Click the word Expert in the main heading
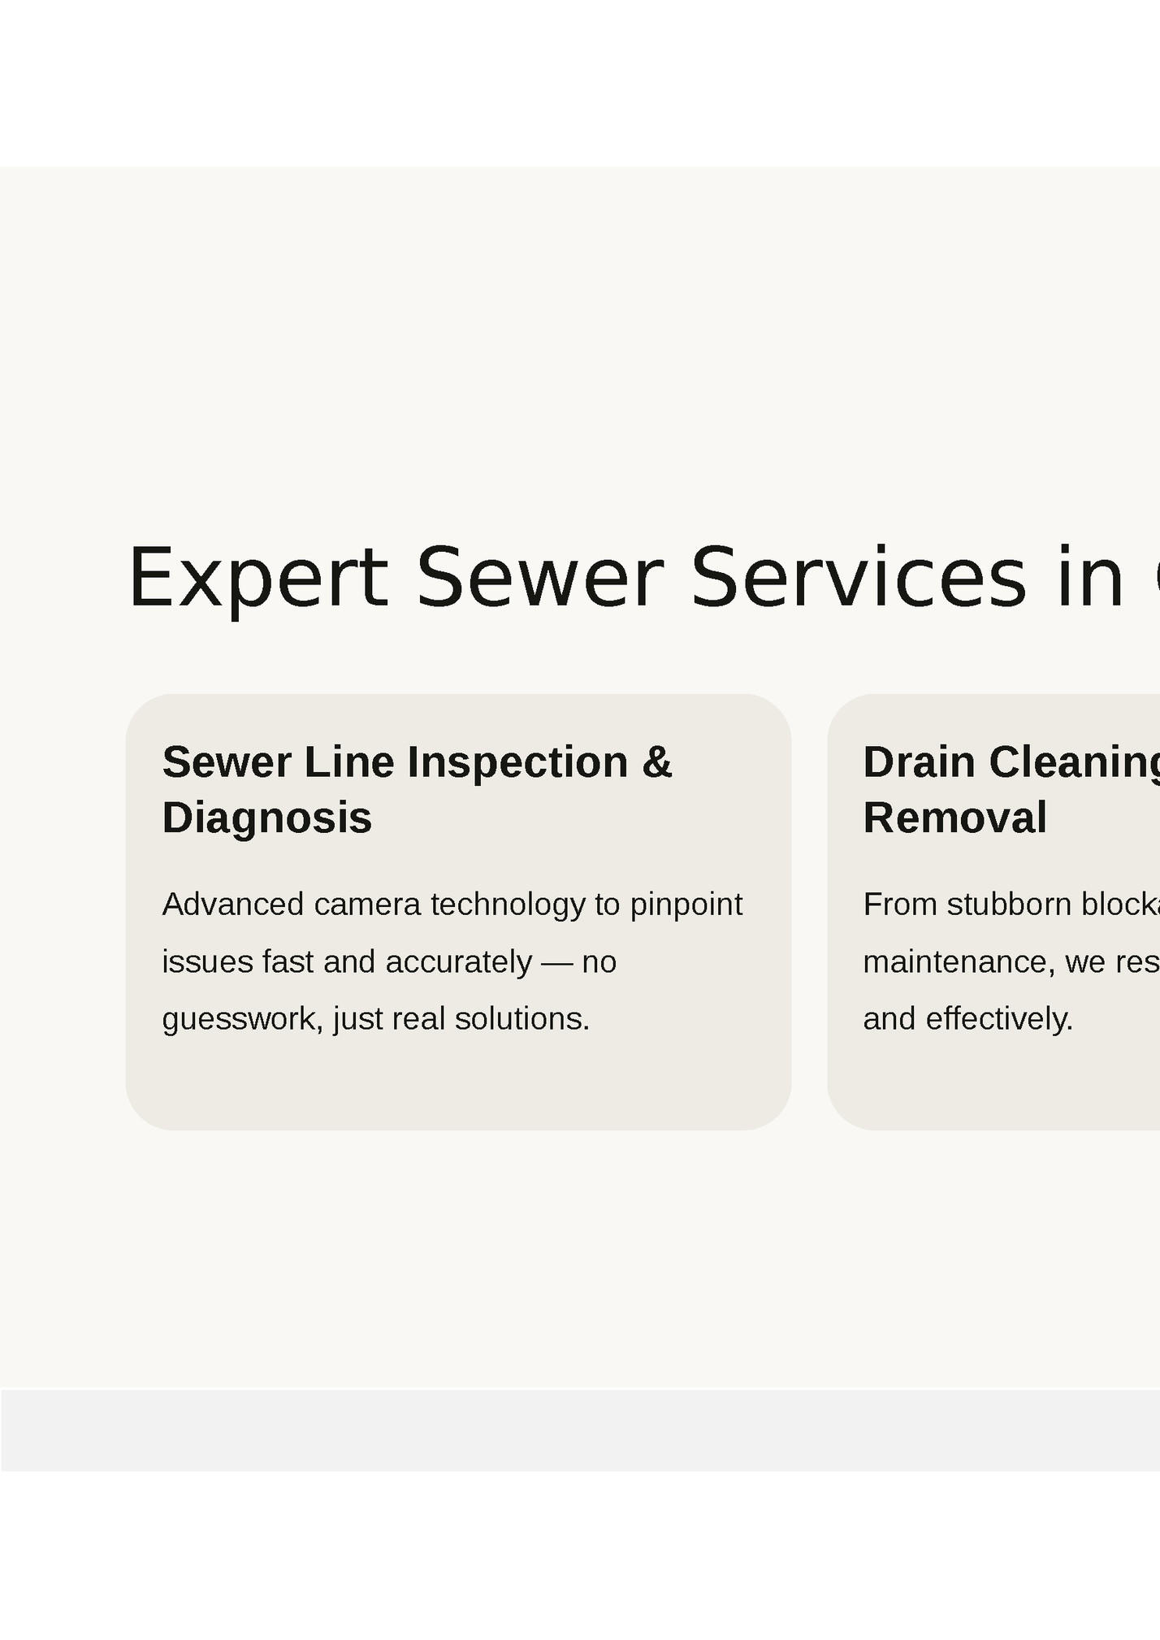(x=258, y=578)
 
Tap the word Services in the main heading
(x=859, y=578)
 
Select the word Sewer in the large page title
(x=539, y=578)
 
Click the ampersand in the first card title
(x=657, y=762)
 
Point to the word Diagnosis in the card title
(x=267, y=818)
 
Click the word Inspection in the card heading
(x=517, y=762)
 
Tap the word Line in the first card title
(x=349, y=762)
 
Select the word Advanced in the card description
(x=233, y=905)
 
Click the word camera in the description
(x=367, y=905)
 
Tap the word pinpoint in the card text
(x=686, y=905)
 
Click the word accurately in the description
(x=459, y=962)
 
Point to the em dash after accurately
(x=556, y=962)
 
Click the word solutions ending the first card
(x=522, y=1019)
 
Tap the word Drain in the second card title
(x=919, y=762)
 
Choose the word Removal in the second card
(x=954, y=818)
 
